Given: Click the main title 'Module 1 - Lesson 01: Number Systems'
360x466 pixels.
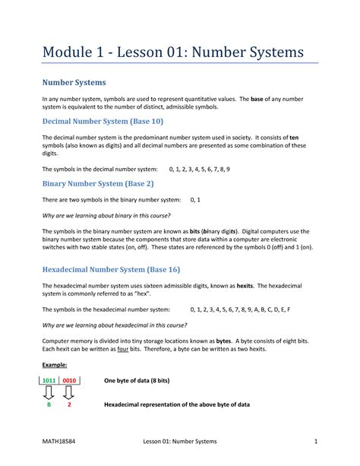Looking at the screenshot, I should pyautogui.click(x=172, y=52).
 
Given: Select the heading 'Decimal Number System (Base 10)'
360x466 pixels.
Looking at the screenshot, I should pyautogui.click(x=102, y=121).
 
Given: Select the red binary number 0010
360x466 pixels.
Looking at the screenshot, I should pyautogui.click(x=68, y=379).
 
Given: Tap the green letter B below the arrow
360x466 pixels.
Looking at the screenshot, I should pyautogui.click(x=47, y=405).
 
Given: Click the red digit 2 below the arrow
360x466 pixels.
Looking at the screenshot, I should pyautogui.click(x=69, y=405).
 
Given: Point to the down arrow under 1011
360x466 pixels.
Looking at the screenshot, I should pyautogui.click(x=47, y=392).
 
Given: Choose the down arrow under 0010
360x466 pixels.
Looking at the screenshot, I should pyautogui.click(x=69, y=392).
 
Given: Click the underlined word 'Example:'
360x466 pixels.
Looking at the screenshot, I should pyautogui.click(x=54, y=365).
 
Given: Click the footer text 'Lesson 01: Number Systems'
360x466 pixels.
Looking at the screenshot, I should pyautogui.click(x=180, y=442).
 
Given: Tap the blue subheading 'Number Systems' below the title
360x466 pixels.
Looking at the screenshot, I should pyautogui.click(x=74, y=82).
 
